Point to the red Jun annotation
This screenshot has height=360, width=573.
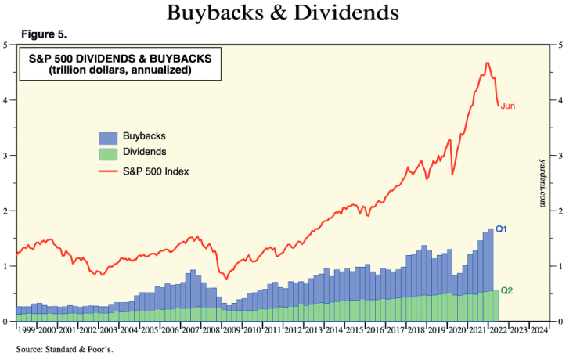(508, 106)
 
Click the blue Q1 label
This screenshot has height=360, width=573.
(503, 229)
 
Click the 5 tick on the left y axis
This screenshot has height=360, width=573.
(6, 45)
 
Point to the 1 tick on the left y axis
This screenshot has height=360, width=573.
(6, 266)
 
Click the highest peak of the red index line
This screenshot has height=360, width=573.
(488, 63)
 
